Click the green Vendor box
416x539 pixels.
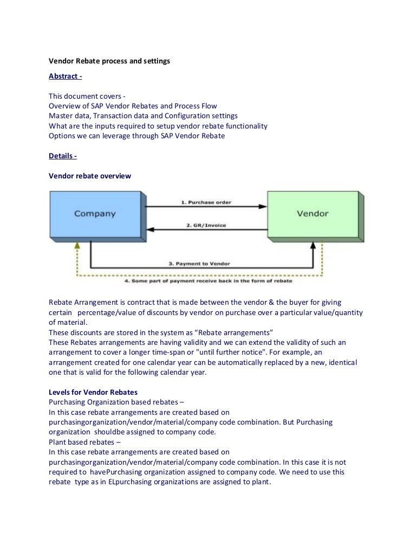[312, 214]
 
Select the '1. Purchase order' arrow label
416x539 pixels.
[205, 202]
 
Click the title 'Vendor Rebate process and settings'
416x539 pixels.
[109, 61]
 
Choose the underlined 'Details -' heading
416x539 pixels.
[63, 156]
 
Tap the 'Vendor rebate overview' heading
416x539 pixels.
[89, 176]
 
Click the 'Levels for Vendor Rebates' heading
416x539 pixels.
[93, 392]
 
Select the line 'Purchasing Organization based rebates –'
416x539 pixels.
[115, 402]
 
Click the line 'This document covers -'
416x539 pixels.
[87, 96]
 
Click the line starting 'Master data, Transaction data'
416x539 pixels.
[143, 116]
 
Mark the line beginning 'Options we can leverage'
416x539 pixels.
[136, 136]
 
